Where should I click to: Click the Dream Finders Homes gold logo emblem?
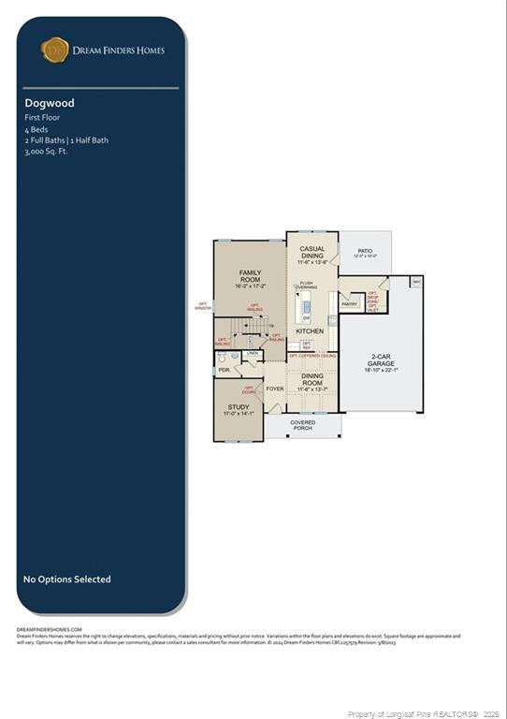pyautogui.click(x=55, y=50)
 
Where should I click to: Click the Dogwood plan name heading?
pyautogui.click(x=50, y=103)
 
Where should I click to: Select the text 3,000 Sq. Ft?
pyautogui.click(x=47, y=150)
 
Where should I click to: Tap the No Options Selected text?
pyautogui.click(x=66, y=580)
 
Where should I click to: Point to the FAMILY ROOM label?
pyautogui.click(x=250, y=278)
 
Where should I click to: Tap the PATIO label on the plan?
pyautogui.click(x=364, y=251)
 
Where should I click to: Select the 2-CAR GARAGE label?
pyautogui.click(x=381, y=363)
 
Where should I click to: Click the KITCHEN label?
pyautogui.click(x=310, y=331)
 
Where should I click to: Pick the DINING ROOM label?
pyautogui.click(x=312, y=378)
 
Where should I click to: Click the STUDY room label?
pyautogui.click(x=239, y=409)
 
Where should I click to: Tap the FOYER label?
pyautogui.click(x=275, y=389)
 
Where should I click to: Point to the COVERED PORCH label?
pyautogui.click(x=302, y=425)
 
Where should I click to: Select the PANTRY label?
pyautogui.click(x=349, y=304)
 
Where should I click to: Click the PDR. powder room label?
pyautogui.click(x=225, y=370)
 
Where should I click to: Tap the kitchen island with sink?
pyautogui.click(x=305, y=307)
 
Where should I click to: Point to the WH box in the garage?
pyautogui.click(x=416, y=281)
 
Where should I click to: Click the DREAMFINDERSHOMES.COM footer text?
pyautogui.click(x=50, y=630)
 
